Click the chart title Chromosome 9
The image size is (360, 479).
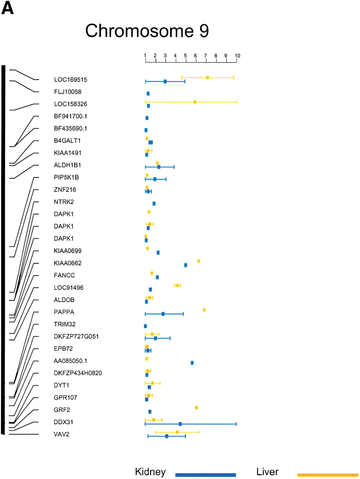(x=147, y=31)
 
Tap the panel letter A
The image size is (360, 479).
(x=7, y=9)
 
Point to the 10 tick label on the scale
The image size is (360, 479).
(x=237, y=56)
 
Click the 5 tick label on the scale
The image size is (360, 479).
(x=185, y=56)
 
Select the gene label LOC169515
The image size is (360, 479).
(x=70, y=80)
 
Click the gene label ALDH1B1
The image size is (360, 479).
(x=67, y=165)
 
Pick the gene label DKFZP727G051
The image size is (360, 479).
(x=76, y=336)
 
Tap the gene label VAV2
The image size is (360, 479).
(x=61, y=434)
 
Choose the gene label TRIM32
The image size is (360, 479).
(x=65, y=324)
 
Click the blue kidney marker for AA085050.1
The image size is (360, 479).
(x=192, y=363)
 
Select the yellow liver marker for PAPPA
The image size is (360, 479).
(x=204, y=310)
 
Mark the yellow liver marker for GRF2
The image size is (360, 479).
(x=196, y=408)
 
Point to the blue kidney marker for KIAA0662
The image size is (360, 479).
(x=185, y=265)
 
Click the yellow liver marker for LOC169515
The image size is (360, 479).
(x=207, y=77)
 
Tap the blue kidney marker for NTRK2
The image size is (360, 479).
(x=154, y=204)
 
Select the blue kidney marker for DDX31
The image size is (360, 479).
(x=180, y=424)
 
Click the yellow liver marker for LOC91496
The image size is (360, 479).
(x=178, y=286)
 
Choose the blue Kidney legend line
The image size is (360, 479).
(x=206, y=475)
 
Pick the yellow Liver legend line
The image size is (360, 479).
(x=328, y=475)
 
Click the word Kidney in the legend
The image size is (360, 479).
(x=150, y=472)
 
